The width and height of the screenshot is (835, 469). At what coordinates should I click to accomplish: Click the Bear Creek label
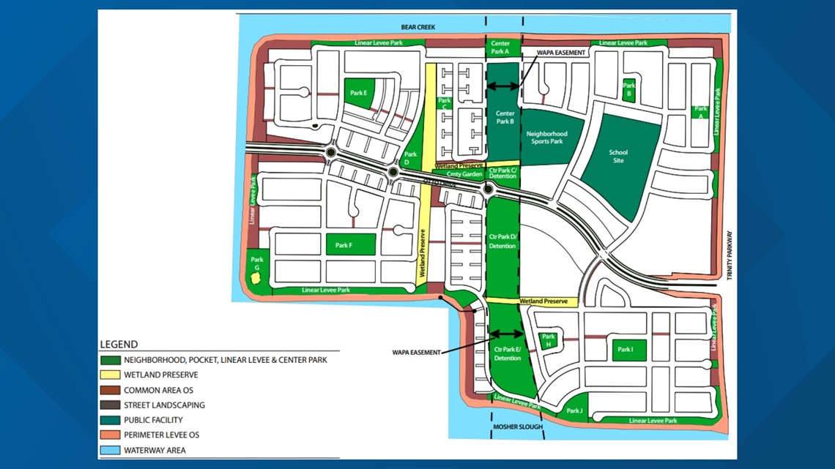pyautogui.click(x=417, y=28)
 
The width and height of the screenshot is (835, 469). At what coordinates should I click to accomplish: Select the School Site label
pyautogui.click(x=618, y=157)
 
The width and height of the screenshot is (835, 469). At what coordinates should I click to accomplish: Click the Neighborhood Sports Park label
pyautogui.click(x=547, y=138)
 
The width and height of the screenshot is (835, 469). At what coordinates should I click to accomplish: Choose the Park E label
pyautogui.click(x=358, y=93)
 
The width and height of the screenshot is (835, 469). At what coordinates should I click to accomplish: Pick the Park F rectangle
pyautogui.click(x=350, y=244)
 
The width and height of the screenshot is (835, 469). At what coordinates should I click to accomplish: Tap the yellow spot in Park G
pyautogui.click(x=256, y=278)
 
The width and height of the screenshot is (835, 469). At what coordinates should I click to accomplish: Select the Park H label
pyautogui.click(x=548, y=340)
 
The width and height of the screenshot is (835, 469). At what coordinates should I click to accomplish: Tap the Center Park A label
pyautogui.click(x=500, y=48)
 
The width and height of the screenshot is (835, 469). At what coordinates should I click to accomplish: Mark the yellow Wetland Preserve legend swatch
pyautogui.click(x=110, y=375)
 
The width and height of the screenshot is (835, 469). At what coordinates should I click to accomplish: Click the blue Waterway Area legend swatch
pyautogui.click(x=110, y=450)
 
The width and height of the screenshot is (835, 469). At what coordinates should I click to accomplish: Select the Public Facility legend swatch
pyautogui.click(x=110, y=420)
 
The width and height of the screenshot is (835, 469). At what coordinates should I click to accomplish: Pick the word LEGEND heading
pyautogui.click(x=119, y=345)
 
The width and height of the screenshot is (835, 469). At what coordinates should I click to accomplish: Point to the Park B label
pyautogui.click(x=628, y=90)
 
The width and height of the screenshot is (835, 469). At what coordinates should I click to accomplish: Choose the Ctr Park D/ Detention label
pyautogui.click(x=502, y=242)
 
